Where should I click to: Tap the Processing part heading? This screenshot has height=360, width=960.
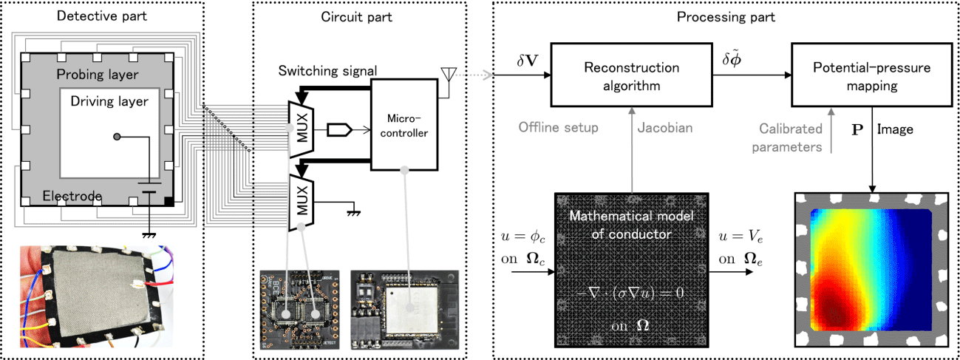coord(726,17)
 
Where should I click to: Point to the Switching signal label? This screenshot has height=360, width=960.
coord(328,71)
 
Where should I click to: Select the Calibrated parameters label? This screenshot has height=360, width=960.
coord(790,137)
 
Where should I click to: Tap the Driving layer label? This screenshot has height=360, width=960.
coord(109,101)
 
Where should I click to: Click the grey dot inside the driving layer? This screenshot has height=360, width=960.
coord(117,137)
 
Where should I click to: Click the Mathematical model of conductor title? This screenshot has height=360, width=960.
coord(632,225)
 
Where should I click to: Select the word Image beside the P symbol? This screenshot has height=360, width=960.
coord(896,129)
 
